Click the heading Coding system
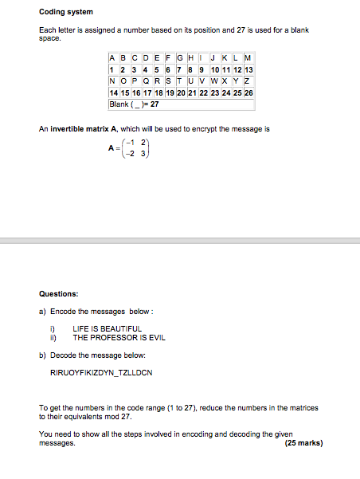pyautogui.click(x=66, y=12)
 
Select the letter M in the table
pyautogui.click(x=248, y=58)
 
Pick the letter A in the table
pyautogui.click(x=112, y=58)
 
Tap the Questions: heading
pyautogui.click(x=59, y=293)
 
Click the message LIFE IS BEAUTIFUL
pyautogui.click(x=107, y=328)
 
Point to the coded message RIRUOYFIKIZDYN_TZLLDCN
pyautogui.click(x=100, y=372)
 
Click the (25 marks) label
pyautogui.click(x=303, y=443)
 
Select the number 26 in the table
pyautogui.click(x=248, y=92)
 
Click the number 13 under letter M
pyautogui.click(x=248, y=69)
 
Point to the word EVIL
pyautogui.click(x=157, y=337)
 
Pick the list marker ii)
pyautogui.click(x=53, y=337)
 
